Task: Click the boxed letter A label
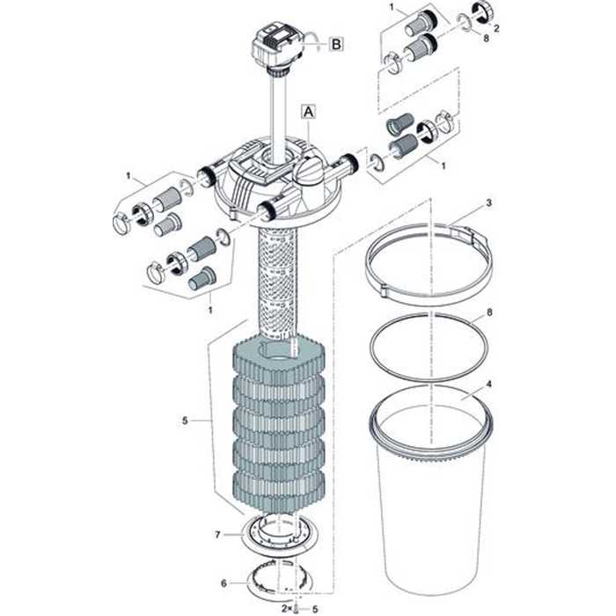[x=307, y=111]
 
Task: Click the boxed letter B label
[x=337, y=42]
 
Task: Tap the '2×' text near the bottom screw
[x=284, y=606]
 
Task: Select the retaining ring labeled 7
[x=281, y=535]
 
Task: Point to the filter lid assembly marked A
[x=280, y=176]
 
